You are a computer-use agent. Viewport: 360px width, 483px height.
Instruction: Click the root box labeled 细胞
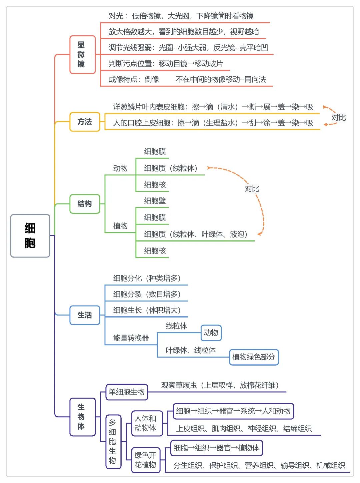coord(30,236)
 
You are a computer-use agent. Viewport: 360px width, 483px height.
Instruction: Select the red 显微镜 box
coord(82,54)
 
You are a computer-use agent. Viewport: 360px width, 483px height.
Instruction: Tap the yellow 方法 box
coord(85,122)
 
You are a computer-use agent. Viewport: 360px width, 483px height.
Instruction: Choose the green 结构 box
coord(85,204)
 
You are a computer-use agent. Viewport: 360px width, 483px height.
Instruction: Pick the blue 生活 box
coord(85,315)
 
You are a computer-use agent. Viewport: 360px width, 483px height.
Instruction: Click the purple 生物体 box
coord(82,417)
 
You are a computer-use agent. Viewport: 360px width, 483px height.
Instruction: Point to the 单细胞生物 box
coord(127,392)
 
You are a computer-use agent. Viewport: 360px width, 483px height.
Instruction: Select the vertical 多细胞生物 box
coord(113,441)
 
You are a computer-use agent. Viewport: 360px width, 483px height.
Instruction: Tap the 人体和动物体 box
coord(147,423)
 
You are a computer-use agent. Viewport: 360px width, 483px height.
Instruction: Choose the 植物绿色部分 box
coord(254,357)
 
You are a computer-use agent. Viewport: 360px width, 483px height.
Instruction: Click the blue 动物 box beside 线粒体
coord(211,333)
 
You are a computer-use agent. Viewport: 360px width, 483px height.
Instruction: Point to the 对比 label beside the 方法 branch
coord(338,118)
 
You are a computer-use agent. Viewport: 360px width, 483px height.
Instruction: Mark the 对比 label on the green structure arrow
coord(252,188)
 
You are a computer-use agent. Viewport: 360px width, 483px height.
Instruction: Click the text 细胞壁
coord(155,201)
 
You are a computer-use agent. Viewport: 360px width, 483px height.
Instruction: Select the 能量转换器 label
coord(131,338)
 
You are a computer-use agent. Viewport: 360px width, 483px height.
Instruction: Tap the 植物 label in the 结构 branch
coord(120,226)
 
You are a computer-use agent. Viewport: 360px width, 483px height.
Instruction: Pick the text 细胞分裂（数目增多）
coord(147,294)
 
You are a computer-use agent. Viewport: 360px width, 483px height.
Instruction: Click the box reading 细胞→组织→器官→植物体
coord(217,448)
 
